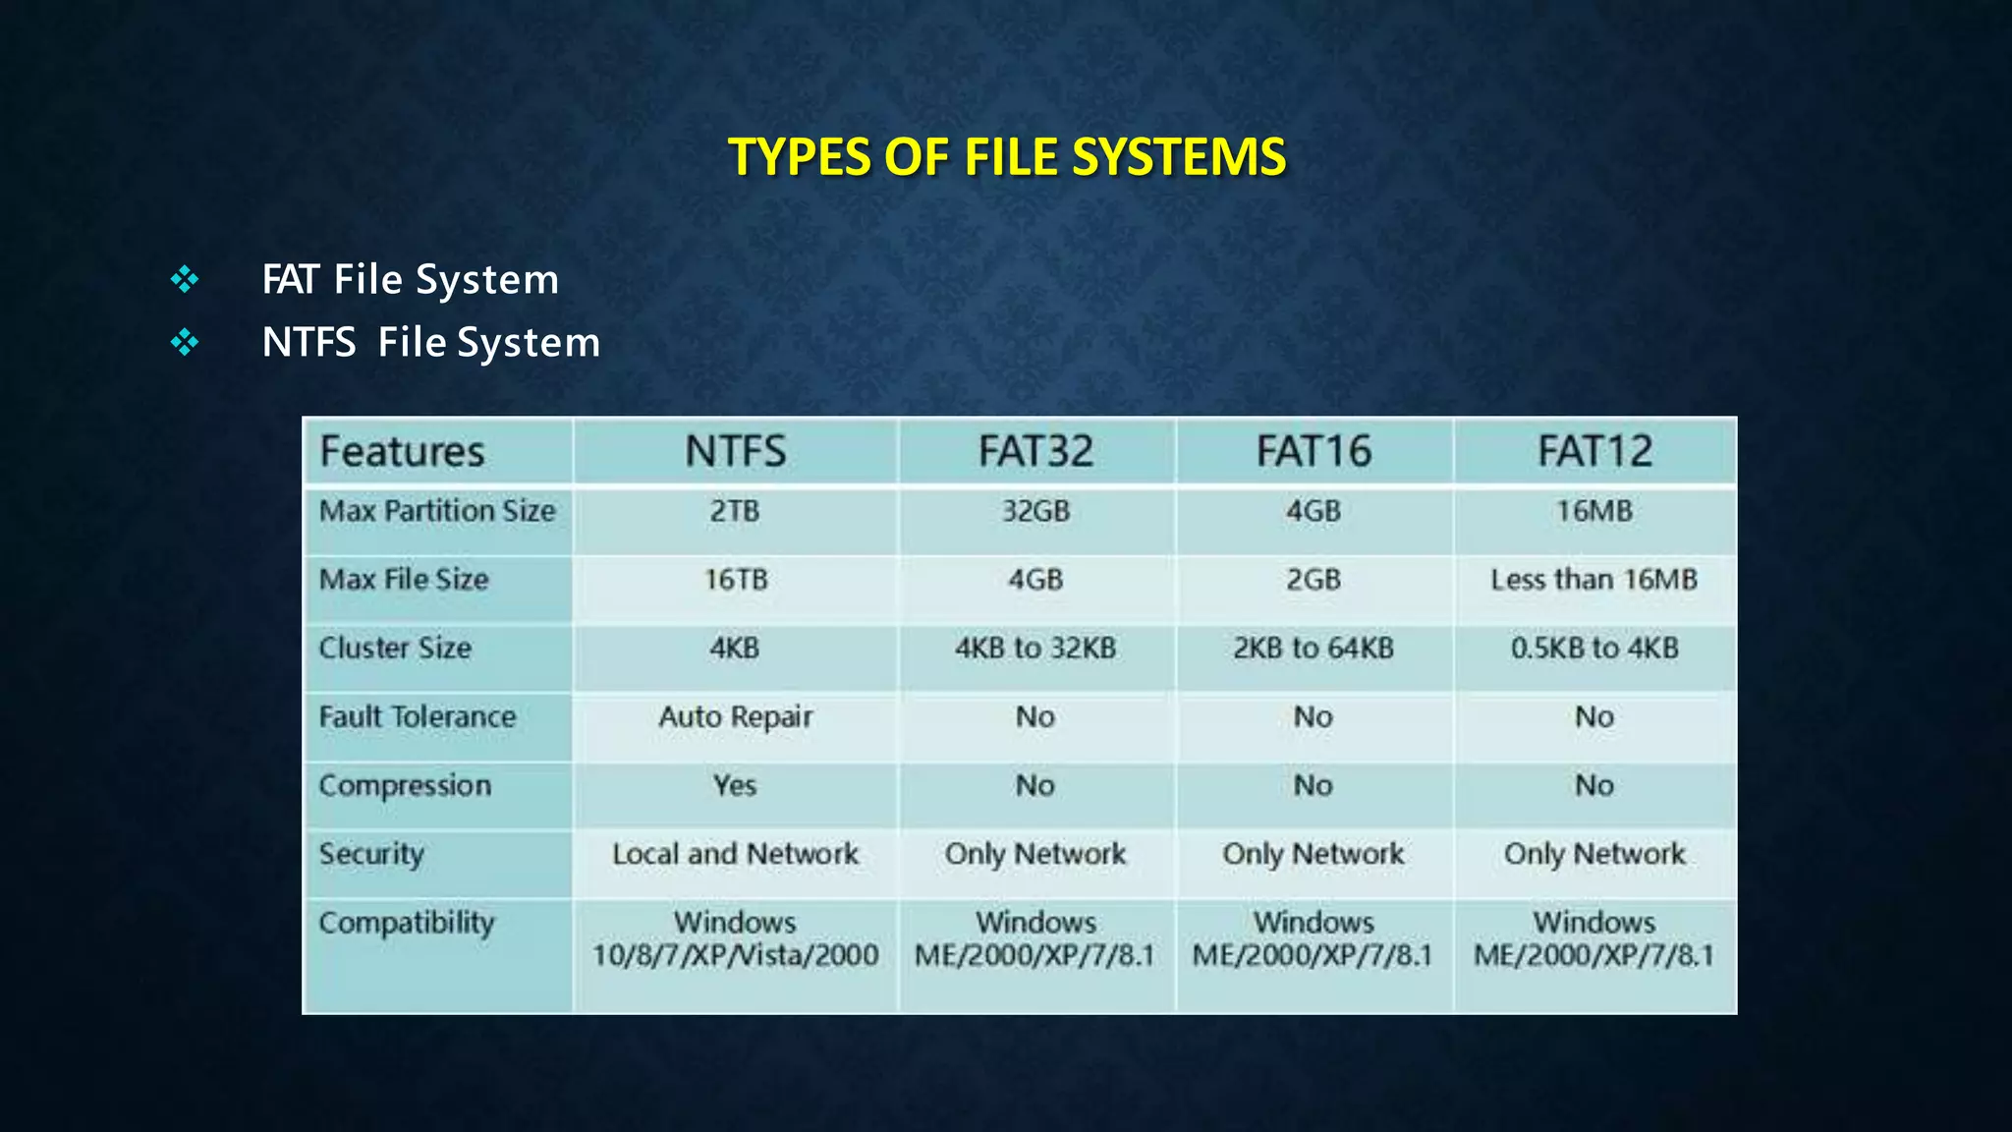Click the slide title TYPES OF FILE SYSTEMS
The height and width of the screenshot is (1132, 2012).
(1006, 157)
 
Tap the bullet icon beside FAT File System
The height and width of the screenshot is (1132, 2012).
(185, 280)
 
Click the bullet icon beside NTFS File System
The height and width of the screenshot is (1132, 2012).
(185, 343)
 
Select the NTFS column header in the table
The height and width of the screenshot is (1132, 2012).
(735, 451)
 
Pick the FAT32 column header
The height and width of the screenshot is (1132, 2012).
(1035, 451)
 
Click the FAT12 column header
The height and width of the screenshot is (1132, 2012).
(1594, 451)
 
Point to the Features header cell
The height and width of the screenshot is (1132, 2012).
(403, 451)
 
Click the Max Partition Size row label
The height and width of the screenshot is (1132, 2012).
(437, 511)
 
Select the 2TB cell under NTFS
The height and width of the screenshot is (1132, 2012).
(735, 511)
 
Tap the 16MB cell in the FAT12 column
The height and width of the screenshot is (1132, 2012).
(1594, 511)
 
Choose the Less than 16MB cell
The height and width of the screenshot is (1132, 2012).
(1593, 580)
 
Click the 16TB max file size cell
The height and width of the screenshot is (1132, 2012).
(735, 580)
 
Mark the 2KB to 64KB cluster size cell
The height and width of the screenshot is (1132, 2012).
(1313, 649)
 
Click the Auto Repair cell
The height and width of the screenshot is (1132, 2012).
(735, 717)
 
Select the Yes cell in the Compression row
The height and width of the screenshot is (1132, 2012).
(735, 786)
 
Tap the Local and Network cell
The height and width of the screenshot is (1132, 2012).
(735, 854)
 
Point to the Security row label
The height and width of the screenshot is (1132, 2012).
(371, 854)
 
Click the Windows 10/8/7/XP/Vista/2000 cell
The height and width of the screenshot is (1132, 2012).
(735, 938)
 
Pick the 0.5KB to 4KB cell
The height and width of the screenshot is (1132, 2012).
(1594, 649)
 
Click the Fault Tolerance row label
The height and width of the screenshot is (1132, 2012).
(418, 717)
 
